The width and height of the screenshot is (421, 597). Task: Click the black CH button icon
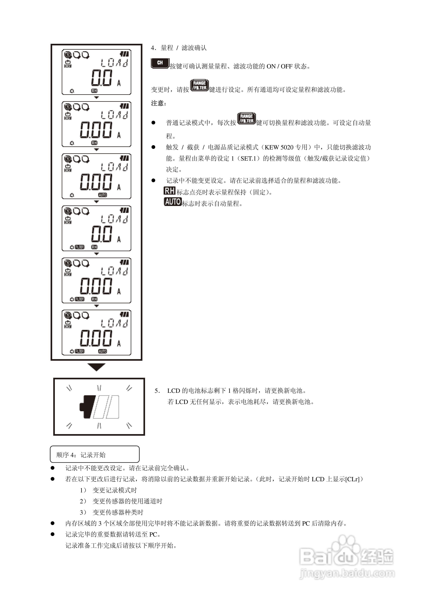tap(160, 63)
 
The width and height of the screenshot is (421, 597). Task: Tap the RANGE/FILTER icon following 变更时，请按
tap(199, 86)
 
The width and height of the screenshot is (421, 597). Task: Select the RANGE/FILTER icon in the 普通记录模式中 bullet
tap(246, 119)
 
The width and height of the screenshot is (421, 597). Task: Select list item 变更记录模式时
tap(114, 490)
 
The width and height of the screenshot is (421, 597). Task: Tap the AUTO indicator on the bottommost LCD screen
tap(103, 351)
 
